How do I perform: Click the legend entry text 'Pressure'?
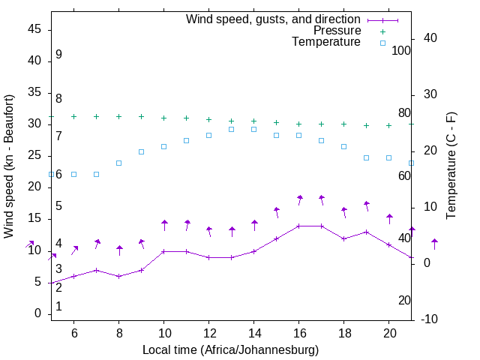[337, 31]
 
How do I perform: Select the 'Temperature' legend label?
[326, 42]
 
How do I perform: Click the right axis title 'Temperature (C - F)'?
[451, 166]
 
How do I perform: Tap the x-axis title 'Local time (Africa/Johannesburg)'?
[230, 350]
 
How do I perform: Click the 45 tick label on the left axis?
[34, 29]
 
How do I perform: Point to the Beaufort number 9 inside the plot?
[58, 55]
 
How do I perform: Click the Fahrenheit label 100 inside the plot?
[401, 50]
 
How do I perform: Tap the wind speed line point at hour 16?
[299, 226]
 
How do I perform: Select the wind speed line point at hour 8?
[119, 276]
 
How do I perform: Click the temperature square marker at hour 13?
[232, 129]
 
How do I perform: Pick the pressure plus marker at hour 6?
[74, 116]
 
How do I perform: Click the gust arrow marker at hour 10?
[164, 223]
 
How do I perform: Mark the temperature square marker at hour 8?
[119, 163]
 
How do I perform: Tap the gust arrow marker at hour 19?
[367, 204]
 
